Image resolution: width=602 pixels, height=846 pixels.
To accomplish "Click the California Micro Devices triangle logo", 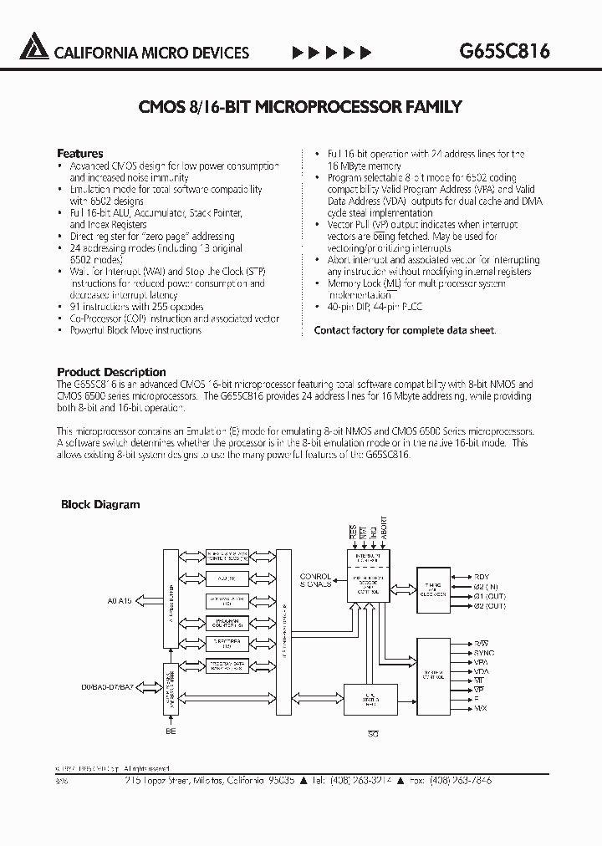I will tap(34, 48).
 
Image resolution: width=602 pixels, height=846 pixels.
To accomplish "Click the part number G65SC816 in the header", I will tap(504, 51).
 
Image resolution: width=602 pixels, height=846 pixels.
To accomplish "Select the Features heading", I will tap(79, 153).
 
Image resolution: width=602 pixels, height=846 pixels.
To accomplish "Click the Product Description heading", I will tap(111, 372).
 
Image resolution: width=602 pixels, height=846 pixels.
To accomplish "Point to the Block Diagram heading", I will tap(100, 504).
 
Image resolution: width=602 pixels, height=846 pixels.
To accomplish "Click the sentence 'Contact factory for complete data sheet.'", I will tap(405, 330).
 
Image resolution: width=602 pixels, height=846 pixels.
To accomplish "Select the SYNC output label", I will tap(483, 652).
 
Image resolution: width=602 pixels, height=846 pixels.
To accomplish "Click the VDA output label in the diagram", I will tap(482, 671).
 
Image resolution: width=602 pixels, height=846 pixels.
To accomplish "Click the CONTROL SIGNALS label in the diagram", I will tap(315, 579).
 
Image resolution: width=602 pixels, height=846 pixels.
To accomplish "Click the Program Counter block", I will tap(227, 622).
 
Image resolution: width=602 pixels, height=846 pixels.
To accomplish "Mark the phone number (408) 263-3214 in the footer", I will tap(370, 779).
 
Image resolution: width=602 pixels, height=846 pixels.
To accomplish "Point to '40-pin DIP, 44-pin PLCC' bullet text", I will tap(375, 307).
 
